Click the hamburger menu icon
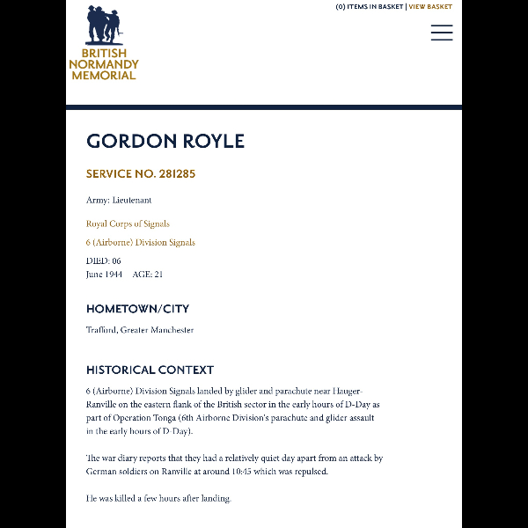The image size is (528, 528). (442, 33)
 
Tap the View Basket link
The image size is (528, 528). (430, 7)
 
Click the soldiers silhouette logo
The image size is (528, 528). (104, 26)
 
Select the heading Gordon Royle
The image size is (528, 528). (165, 142)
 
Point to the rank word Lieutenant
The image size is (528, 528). (132, 201)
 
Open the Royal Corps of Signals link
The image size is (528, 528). (128, 224)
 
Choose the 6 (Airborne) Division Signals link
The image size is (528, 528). (140, 242)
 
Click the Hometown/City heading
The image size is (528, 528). (137, 309)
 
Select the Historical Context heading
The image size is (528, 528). (150, 370)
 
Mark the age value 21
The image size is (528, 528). (158, 275)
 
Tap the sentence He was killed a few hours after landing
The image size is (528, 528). (158, 498)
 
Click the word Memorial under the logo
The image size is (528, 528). (104, 75)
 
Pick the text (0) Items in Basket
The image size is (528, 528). (370, 7)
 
